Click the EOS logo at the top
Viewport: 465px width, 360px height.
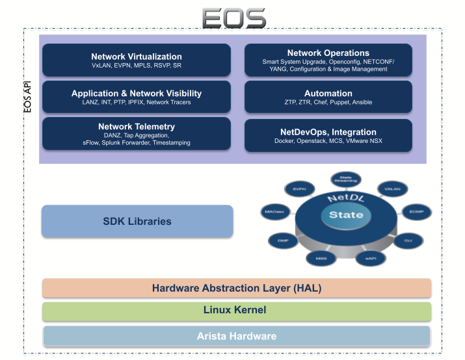pos(233,18)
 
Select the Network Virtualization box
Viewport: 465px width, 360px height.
pos(137,60)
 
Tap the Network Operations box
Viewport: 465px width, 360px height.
pos(328,60)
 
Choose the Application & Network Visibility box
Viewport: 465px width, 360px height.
pos(137,97)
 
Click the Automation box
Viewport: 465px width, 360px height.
pos(328,97)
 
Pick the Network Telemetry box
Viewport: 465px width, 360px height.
pos(137,134)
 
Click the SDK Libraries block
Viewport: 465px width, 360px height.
pos(137,222)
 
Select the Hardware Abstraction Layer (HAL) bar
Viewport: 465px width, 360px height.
pos(237,288)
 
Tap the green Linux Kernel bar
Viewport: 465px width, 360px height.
pos(237,311)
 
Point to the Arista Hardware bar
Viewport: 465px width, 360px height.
pos(237,336)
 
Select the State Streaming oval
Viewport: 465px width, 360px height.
pos(342,177)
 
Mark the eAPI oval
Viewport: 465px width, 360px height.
pos(370,259)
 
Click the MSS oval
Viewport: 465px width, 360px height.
pos(320,258)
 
